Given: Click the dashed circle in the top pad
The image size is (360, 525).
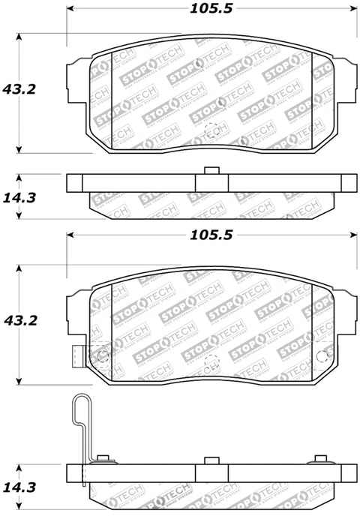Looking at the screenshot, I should pyautogui.click(x=211, y=128).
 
